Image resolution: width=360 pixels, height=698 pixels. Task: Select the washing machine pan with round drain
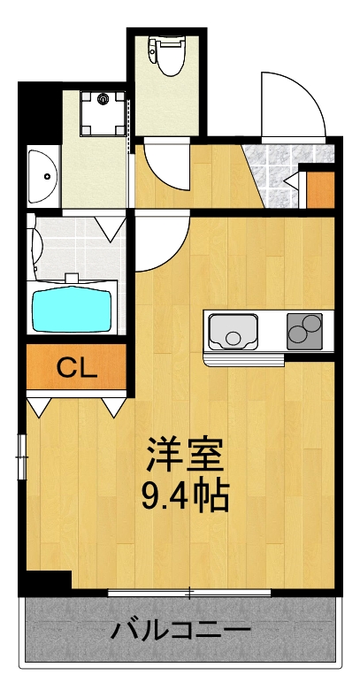pos(104,111)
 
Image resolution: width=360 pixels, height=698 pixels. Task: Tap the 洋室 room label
pos(185,455)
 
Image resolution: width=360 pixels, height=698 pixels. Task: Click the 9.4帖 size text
pos(185,496)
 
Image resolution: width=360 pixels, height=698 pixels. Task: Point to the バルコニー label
pos(180,631)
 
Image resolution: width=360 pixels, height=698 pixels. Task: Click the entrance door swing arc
pos(292,104)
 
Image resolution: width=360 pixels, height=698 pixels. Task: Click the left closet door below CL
pos(39,406)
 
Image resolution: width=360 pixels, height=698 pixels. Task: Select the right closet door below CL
pos(113,406)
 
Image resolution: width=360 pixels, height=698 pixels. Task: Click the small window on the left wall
pos(22,456)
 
